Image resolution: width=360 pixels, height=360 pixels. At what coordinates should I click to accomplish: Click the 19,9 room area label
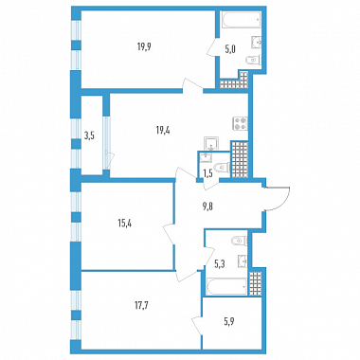point(144,47)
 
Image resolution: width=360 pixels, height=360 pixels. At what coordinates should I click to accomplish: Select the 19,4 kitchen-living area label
point(163,130)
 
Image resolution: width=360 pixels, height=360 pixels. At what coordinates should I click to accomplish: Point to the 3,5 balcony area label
point(90,136)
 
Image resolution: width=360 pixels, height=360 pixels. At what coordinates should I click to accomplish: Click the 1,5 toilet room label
point(207,172)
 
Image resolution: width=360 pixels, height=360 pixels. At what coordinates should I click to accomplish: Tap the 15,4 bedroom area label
point(124,224)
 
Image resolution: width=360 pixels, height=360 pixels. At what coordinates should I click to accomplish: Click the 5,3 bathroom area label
point(219,264)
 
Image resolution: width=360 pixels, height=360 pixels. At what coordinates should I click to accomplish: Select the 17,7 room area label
point(142,306)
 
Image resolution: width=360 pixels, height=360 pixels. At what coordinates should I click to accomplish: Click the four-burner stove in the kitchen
point(240,123)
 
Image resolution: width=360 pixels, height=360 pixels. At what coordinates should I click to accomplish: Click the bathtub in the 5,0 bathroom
point(241,20)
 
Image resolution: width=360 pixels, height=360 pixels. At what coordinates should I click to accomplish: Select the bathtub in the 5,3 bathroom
point(226,286)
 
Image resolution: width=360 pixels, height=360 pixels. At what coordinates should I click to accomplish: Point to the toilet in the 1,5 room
point(222,168)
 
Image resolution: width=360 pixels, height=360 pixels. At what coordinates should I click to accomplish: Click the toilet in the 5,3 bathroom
point(240,242)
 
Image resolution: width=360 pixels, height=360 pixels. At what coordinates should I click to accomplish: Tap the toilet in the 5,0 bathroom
point(253,60)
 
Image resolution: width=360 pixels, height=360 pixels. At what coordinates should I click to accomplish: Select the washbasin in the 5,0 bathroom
point(256,43)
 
